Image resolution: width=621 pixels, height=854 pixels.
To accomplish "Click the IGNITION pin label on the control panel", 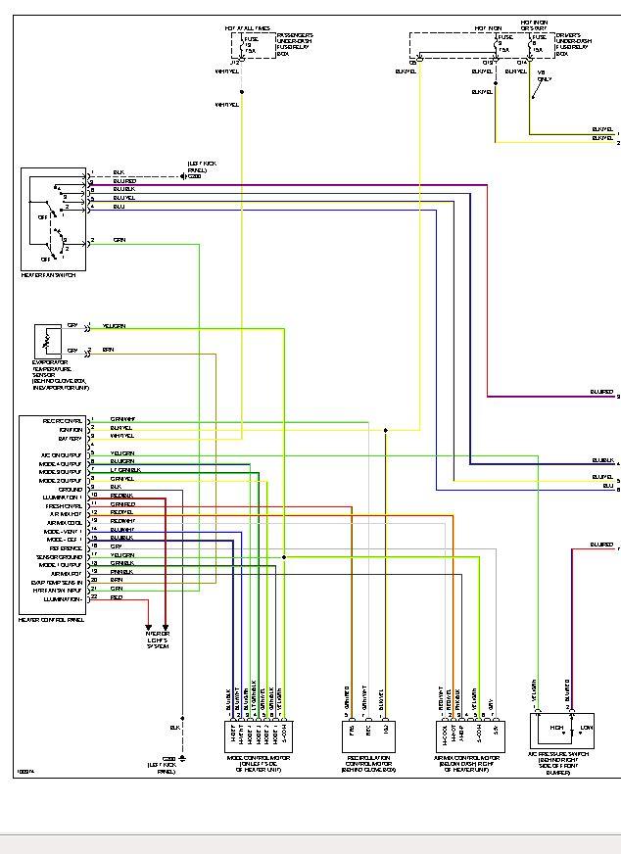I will point(69,428).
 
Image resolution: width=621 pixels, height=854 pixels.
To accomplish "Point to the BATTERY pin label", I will point(69,437).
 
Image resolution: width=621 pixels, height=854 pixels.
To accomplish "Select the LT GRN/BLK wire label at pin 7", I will point(126,470).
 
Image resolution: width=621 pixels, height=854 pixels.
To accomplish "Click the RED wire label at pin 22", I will point(117,596).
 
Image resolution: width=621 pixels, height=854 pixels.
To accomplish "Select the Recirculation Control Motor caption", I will point(369,763).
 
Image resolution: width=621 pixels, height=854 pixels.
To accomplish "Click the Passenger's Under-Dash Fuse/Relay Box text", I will point(294,44).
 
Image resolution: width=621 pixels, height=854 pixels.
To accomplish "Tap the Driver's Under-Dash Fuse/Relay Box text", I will point(574,44).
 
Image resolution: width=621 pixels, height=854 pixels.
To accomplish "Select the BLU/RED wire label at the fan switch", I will point(124,180).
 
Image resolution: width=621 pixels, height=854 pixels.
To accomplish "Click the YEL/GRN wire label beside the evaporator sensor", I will point(115,326).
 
